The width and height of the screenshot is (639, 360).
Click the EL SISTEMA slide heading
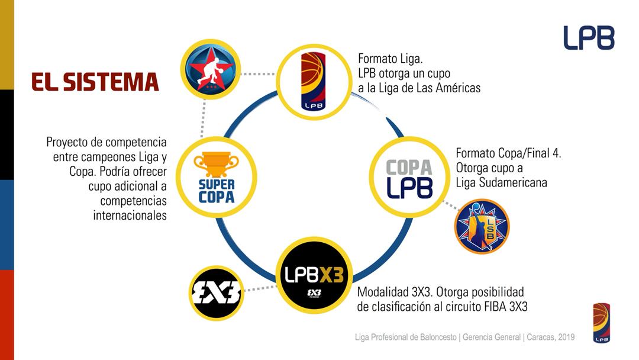[x=95, y=82]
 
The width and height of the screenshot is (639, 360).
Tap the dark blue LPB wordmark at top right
[x=588, y=38]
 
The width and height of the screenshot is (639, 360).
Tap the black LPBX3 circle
[x=314, y=276]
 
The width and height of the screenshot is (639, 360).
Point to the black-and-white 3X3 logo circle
[x=216, y=291]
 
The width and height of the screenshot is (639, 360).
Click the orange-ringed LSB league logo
[x=482, y=226]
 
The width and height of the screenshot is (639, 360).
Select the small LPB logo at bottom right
[x=601, y=322]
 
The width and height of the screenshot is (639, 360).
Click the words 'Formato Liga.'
[x=390, y=59]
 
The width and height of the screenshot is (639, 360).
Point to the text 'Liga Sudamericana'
[x=501, y=182]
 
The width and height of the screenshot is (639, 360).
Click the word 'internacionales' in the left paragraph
[x=130, y=215]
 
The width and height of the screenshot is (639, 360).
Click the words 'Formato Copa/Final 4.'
[x=508, y=153]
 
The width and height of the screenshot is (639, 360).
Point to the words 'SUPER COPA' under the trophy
[x=216, y=191]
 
